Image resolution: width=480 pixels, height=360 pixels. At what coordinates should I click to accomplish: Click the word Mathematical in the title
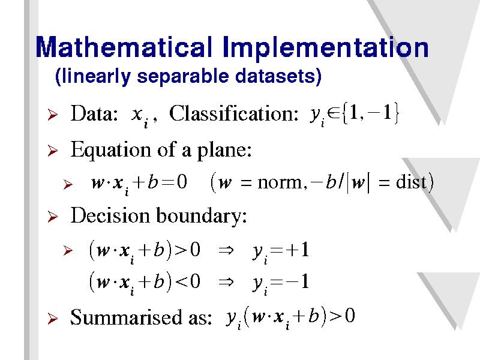(124, 47)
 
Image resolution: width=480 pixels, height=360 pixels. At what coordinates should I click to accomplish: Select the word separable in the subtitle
(182, 77)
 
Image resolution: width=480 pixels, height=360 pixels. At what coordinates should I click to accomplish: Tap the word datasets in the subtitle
(278, 77)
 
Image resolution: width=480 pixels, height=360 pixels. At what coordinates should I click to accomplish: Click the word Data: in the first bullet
(94, 113)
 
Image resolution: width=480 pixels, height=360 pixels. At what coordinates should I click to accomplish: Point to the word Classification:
(233, 113)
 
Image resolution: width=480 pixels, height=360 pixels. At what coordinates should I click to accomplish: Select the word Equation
(111, 151)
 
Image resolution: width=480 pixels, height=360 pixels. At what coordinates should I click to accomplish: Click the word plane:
(224, 151)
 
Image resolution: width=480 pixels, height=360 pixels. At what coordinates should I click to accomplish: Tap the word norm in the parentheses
(280, 183)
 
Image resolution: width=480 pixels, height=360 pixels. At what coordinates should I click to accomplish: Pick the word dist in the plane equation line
(411, 182)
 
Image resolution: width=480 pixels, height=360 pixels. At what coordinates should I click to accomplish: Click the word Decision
(110, 215)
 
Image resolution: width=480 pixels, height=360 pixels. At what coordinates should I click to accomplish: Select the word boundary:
(202, 216)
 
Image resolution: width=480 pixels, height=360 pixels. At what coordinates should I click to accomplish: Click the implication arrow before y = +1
(226, 251)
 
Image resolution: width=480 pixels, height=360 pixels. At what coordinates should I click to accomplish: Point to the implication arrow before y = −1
(226, 282)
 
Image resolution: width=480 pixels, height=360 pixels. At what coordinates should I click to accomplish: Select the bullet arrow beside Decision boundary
(52, 217)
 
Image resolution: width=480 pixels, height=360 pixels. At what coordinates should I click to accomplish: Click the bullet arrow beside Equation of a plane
(52, 151)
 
